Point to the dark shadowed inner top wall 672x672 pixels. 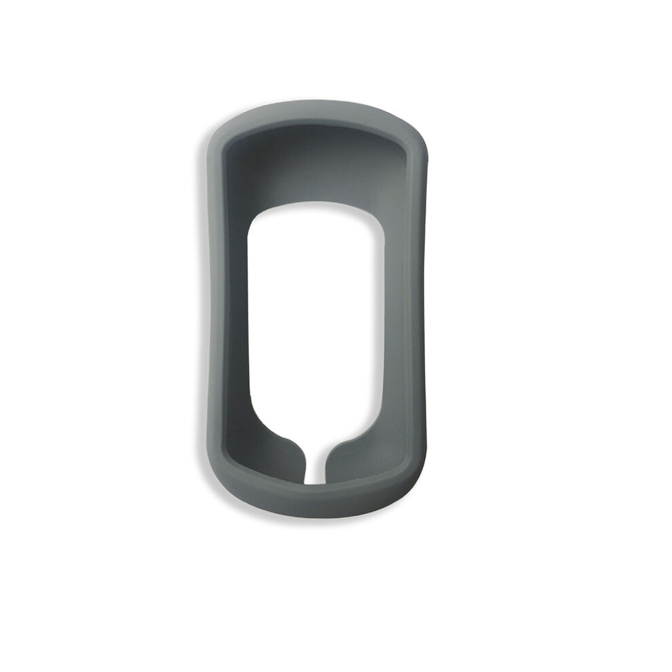point(316,163)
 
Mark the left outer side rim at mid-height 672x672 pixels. point(216,305)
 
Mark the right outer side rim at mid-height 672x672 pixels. point(415,305)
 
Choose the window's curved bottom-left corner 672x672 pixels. point(261,424)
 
